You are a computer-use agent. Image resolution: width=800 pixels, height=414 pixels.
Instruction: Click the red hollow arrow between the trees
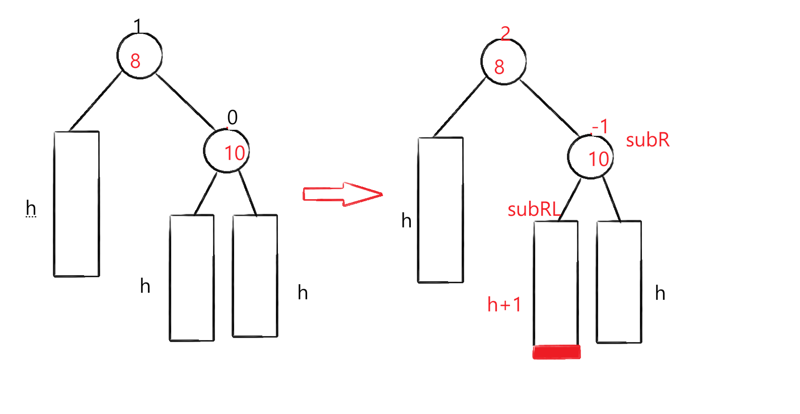(x=342, y=194)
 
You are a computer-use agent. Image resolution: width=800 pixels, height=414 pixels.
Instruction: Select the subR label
(x=647, y=140)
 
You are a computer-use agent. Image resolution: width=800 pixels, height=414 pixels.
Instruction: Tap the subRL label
(x=533, y=209)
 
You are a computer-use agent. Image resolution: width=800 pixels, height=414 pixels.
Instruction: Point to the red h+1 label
(x=504, y=304)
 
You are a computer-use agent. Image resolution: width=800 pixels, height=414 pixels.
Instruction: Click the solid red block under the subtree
(x=556, y=352)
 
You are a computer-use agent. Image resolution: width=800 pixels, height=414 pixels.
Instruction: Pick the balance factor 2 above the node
(x=505, y=33)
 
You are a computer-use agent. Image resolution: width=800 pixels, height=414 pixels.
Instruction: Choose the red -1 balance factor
(x=600, y=126)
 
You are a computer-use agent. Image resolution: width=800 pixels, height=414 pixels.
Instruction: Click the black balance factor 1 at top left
(x=137, y=25)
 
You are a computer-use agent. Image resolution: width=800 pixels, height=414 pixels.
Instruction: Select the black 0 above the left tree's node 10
(x=232, y=117)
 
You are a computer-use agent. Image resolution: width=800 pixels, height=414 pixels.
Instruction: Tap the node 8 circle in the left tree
(x=139, y=56)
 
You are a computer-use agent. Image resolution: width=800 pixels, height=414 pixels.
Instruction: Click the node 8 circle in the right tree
(x=503, y=62)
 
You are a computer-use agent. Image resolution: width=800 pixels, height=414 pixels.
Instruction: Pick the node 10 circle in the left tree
(x=227, y=150)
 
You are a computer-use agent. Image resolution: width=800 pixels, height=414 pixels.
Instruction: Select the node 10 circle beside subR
(x=591, y=156)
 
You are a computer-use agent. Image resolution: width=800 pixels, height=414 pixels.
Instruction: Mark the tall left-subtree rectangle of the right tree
(x=441, y=210)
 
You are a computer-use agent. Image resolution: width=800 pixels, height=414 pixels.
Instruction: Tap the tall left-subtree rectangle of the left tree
(x=77, y=204)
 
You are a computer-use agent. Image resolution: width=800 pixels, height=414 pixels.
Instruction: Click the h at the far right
(x=660, y=293)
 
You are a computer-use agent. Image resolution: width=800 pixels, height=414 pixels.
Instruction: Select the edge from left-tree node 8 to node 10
(x=185, y=101)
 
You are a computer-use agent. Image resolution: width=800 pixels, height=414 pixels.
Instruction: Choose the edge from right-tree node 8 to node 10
(x=549, y=107)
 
